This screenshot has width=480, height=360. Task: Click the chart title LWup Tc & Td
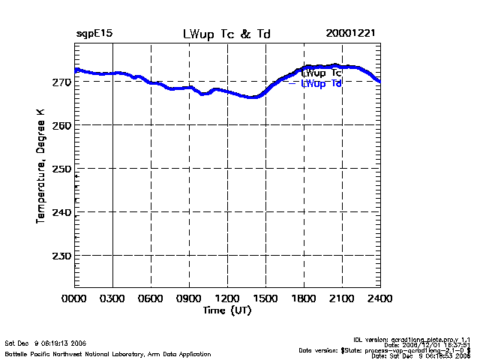coord(226,34)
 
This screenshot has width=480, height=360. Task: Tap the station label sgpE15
coord(94,34)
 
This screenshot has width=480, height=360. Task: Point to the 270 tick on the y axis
coord(62,82)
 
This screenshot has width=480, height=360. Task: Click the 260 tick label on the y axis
coord(62,125)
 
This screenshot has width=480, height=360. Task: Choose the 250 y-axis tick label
coord(62,169)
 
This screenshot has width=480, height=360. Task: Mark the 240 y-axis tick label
coord(62,212)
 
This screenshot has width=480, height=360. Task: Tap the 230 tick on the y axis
coord(62,256)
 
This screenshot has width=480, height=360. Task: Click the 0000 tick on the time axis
coord(75,299)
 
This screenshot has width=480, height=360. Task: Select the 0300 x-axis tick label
coord(113,299)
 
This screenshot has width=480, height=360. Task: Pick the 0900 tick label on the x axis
coord(189,299)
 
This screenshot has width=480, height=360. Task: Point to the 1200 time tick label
coord(227,299)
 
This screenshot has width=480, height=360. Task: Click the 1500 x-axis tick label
coord(265,299)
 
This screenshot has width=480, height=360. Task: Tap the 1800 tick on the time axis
coord(304,299)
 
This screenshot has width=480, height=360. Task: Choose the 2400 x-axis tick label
coord(379,299)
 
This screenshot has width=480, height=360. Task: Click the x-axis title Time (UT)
coord(226,310)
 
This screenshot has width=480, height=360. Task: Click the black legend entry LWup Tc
coord(322,73)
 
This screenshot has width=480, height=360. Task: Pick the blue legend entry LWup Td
coord(322,84)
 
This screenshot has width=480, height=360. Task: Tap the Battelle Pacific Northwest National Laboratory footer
coord(108,353)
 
